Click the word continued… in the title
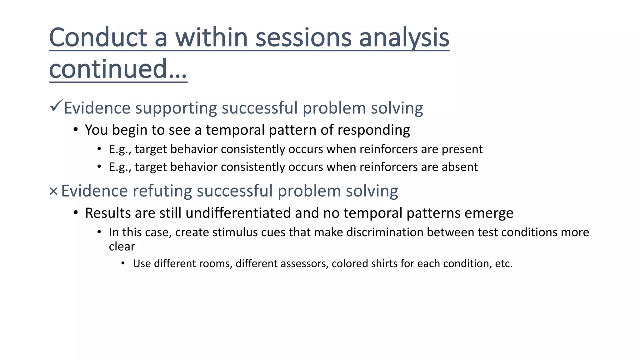[118, 69]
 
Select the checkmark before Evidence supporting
[56, 106]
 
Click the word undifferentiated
[238, 213]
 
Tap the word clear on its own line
[122, 247]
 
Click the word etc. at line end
[503, 264]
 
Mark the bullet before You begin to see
[76, 130]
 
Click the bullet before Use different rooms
[123, 263]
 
